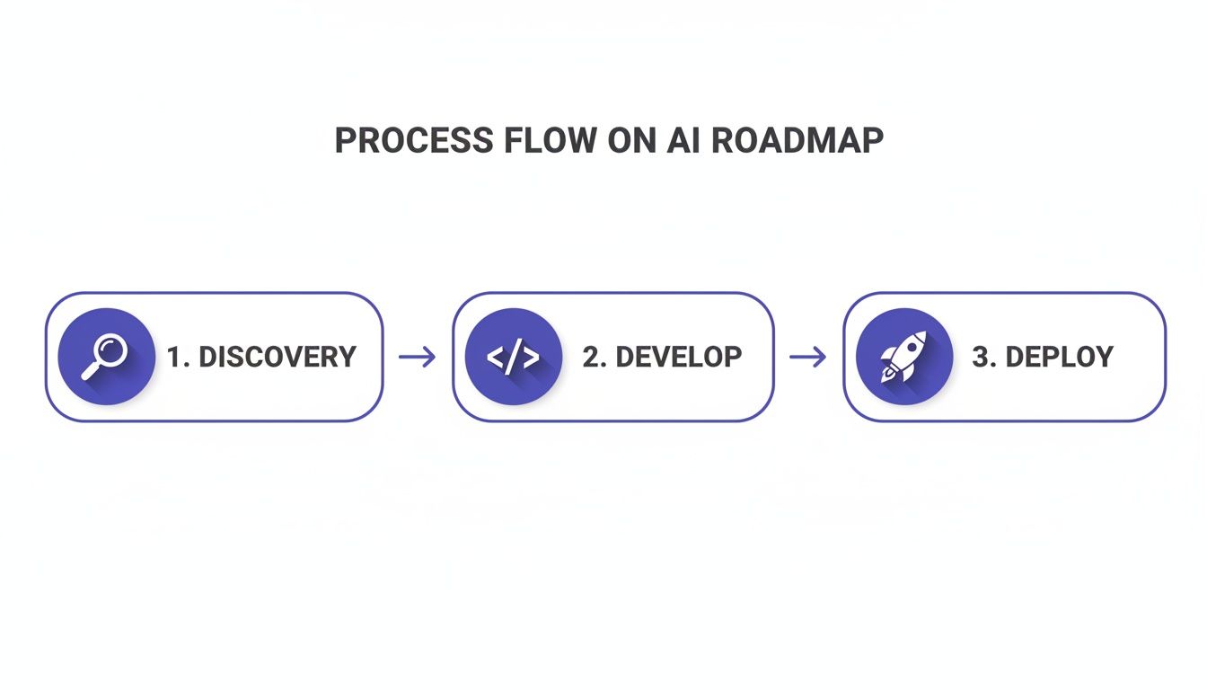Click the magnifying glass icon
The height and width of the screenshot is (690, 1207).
click(106, 357)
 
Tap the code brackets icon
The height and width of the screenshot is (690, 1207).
click(514, 357)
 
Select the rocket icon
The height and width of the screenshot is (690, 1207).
click(904, 357)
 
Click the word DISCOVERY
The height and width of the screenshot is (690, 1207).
click(277, 357)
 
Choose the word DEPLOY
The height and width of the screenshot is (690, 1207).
click(1059, 357)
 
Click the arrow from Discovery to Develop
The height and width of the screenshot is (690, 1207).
click(417, 358)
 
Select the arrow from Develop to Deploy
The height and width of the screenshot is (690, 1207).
click(807, 358)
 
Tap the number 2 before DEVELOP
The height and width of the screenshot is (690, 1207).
click(591, 357)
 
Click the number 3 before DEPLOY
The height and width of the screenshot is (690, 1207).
click(981, 357)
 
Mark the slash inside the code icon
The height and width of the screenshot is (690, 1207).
click(514, 357)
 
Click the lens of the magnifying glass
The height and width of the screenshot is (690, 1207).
click(112, 349)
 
